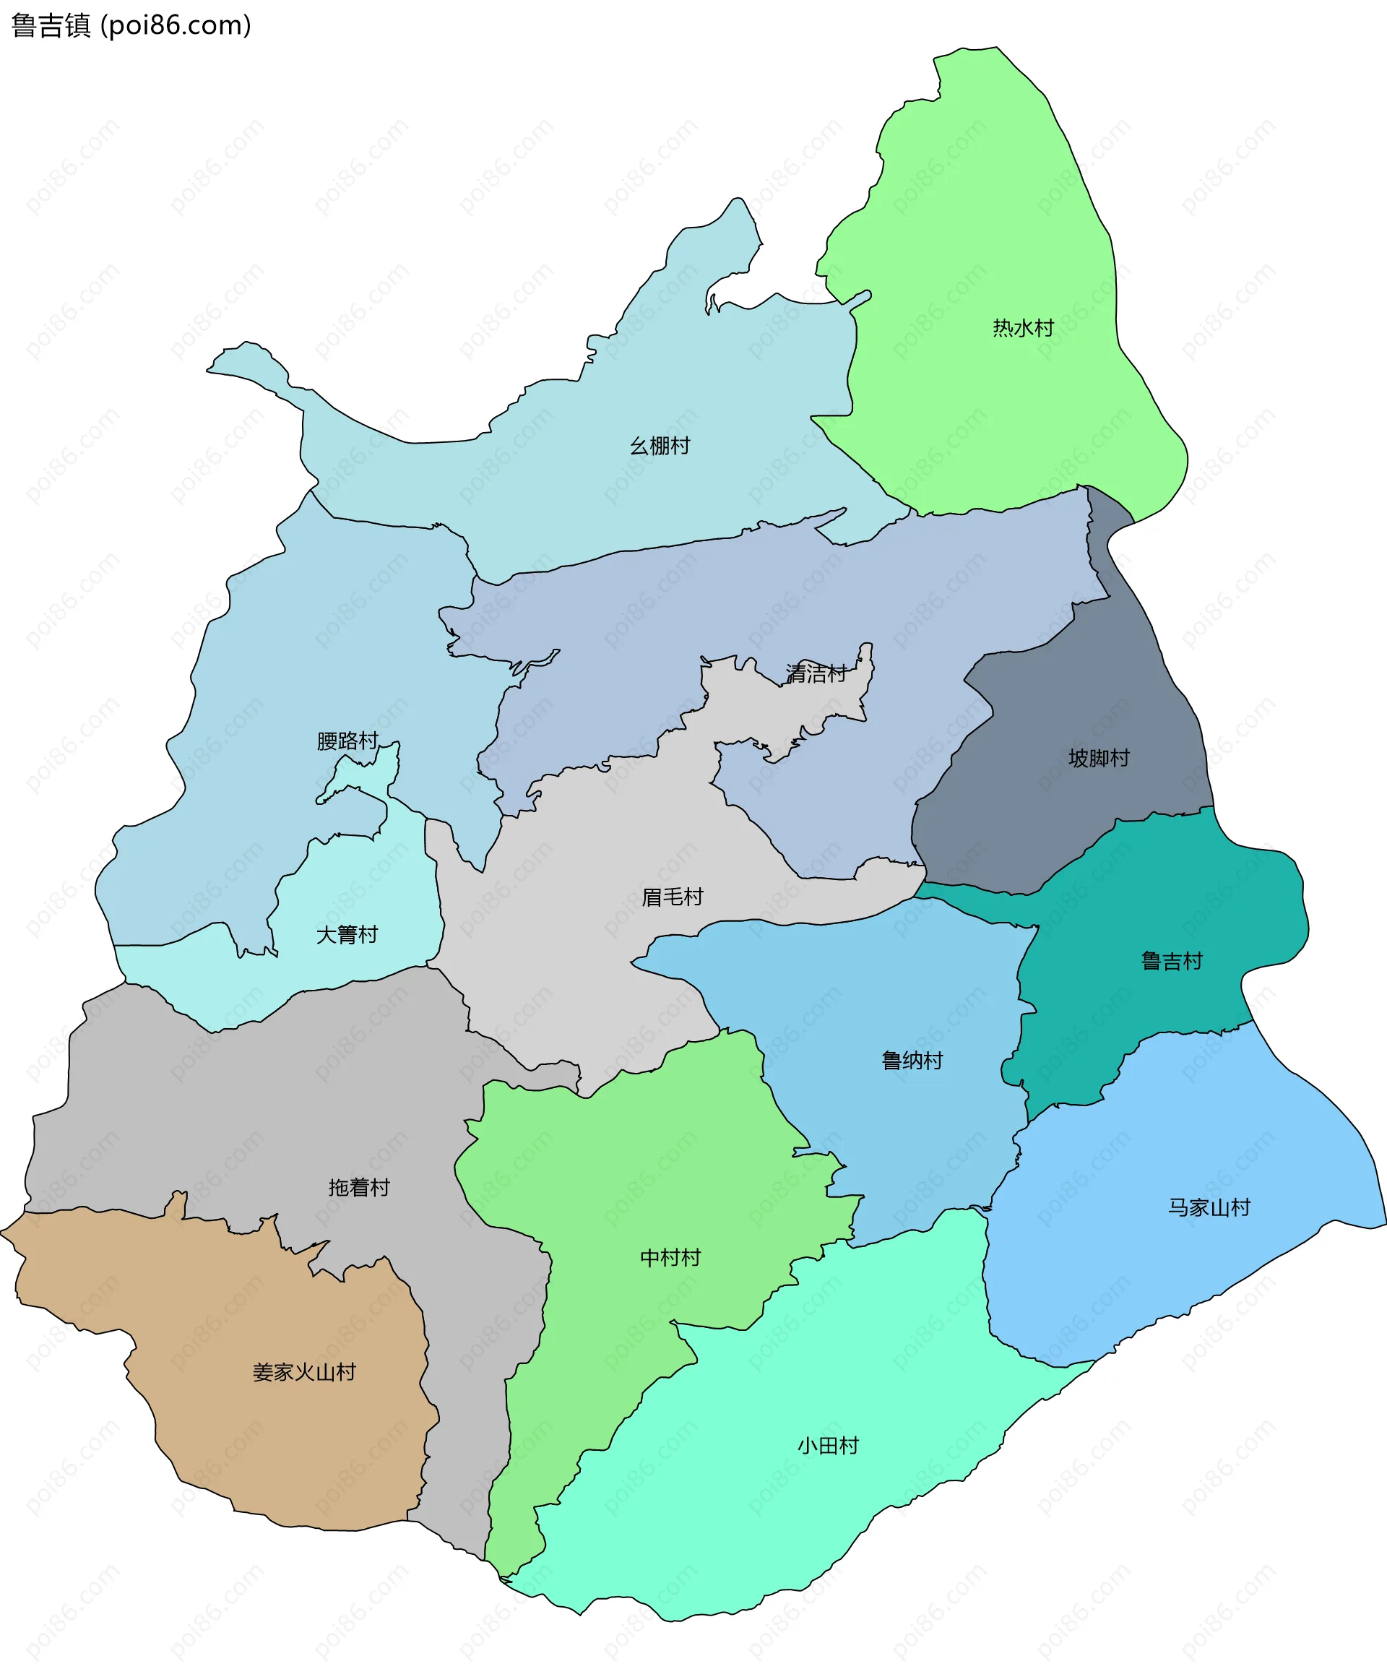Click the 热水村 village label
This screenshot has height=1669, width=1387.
click(x=1022, y=327)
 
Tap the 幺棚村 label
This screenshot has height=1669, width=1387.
click(x=660, y=446)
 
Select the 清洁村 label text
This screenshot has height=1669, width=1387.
click(x=816, y=673)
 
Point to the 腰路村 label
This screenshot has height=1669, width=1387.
click(x=347, y=741)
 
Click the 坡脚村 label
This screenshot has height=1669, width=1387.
click(x=1099, y=757)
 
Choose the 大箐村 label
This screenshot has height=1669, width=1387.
click(x=347, y=935)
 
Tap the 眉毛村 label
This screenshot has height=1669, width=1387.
click(x=673, y=897)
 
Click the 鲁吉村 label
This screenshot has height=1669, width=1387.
click(x=1172, y=962)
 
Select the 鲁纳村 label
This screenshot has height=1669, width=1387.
click(x=912, y=1061)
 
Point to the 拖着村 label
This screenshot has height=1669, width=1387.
click(x=359, y=1187)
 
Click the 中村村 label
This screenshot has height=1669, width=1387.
click(x=670, y=1257)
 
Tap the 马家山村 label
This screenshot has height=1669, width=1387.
click(x=1209, y=1207)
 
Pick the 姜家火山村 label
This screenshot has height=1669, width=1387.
click(x=303, y=1373)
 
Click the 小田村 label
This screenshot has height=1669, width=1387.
click(x=828, y=1446)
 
